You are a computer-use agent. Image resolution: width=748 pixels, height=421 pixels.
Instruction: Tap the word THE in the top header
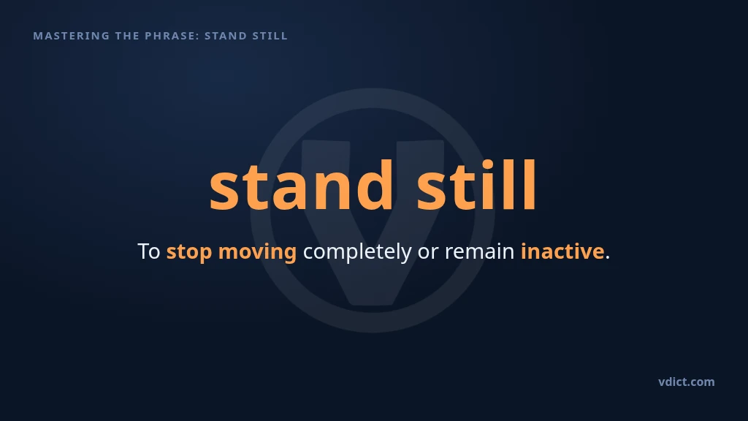pos(127,36)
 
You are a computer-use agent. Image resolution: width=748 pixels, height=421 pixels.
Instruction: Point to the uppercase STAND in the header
pos(226,36)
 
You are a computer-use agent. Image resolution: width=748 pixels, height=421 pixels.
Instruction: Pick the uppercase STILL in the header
pos(270,36)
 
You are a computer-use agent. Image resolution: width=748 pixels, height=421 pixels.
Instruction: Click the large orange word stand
pos(301,185)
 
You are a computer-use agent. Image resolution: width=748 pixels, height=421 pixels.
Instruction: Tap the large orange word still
pos(476,185)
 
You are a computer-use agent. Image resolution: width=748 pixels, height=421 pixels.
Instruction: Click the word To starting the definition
pos(149,251)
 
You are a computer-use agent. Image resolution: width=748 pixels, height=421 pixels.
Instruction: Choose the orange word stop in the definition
pos(189,252)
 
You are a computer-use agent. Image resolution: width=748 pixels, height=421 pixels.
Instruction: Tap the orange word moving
pos(257,252)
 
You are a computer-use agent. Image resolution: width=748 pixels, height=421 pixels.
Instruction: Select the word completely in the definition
pos(356,251)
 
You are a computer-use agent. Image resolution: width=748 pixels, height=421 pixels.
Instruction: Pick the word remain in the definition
pos(479,251)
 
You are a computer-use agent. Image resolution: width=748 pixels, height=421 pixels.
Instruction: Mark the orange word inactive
pos(562,251)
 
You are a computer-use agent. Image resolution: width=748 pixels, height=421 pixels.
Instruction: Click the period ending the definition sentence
pos(607,258)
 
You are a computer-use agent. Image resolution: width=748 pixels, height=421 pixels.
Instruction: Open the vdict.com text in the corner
pos(687,382)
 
